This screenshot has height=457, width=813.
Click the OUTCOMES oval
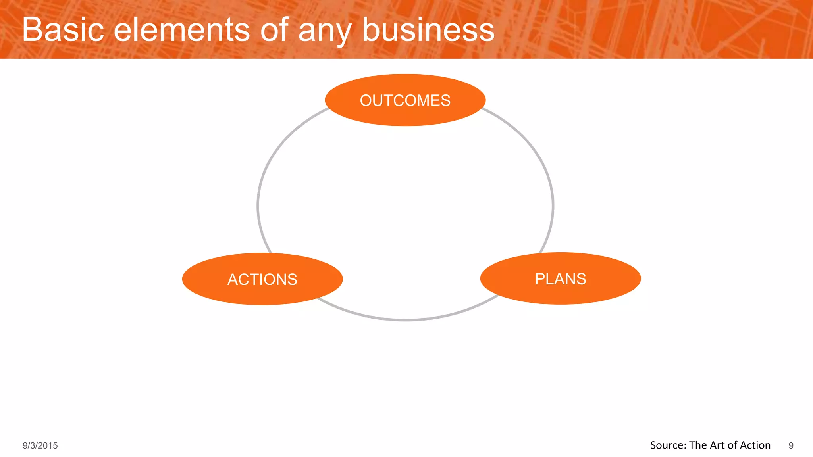(x=405, y=100)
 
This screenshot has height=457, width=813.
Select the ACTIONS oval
(x=262, y=279)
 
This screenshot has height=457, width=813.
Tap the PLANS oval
(x=560, y=278)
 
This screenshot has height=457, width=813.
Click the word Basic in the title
(x=63, y=30)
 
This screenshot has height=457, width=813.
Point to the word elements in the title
(x=182, y=30)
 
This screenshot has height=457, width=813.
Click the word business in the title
(x=428, y=30)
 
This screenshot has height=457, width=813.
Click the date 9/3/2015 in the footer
(x=40, y=445)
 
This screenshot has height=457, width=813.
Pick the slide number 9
(x=791, y=445)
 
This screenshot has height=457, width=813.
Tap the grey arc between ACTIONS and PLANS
(x=405, y=319)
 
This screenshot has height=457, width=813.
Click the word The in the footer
(x=697, y=445)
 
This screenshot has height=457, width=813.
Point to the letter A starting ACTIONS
(x=233, y=280)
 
